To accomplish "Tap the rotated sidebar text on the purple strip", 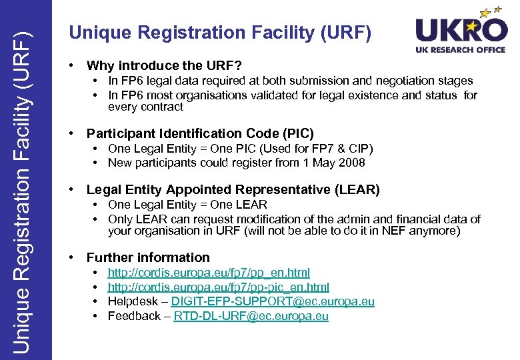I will click(x=25, y=180).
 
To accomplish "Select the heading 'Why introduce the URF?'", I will click(x=164, y=65).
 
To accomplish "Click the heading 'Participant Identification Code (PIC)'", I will click(x=200, y=133).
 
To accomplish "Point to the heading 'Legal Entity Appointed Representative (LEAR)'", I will click(x=233, y=190).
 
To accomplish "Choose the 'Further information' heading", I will click(x=148, y=257).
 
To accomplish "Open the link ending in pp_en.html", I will click(x=209, y=273).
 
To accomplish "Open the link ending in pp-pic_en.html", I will click(x=219, y=287).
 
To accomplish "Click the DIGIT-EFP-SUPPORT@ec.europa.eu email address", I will click(x=273, y=301).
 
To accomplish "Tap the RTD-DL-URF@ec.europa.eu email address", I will click(x=251, y=316).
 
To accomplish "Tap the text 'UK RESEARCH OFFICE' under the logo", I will click(x=461, y=49).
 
